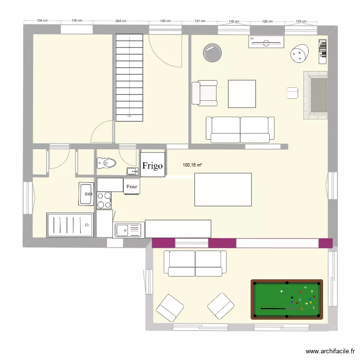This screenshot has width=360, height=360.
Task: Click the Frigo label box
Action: pyautogui.click(x=153, y=166)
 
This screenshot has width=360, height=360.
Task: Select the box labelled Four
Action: pyautogui.click(x=132, y=186)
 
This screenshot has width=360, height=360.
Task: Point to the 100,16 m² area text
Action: pyautogui.click(x=192, y=165)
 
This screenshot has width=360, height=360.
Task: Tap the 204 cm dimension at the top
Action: pyautogui.click(x=121, y=21)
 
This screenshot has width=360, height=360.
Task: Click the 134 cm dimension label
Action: pyautogui.click(x=42, y=21)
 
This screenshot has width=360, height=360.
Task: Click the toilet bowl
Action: pyautogui.click(x=107, y=164)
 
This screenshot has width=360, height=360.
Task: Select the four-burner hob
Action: pyautogui.click(x=104, y=200)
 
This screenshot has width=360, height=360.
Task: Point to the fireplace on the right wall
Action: pyautogui.click(x=316, y=95)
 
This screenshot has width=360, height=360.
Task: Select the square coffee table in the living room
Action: pyautogui.click(x=242, y=94)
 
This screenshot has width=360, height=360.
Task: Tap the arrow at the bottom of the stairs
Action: pyautogui.click(x=129, y=115)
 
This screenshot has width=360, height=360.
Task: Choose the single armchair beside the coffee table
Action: pyautogui.click(x=204, y=93)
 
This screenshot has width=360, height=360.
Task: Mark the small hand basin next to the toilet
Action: pyautogui.click(x=132, y=171)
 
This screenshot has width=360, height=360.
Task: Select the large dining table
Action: pyautogui.click(x=223, y=190)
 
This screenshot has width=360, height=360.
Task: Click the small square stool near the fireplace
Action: pyautogui.click(x=292, y=93)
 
